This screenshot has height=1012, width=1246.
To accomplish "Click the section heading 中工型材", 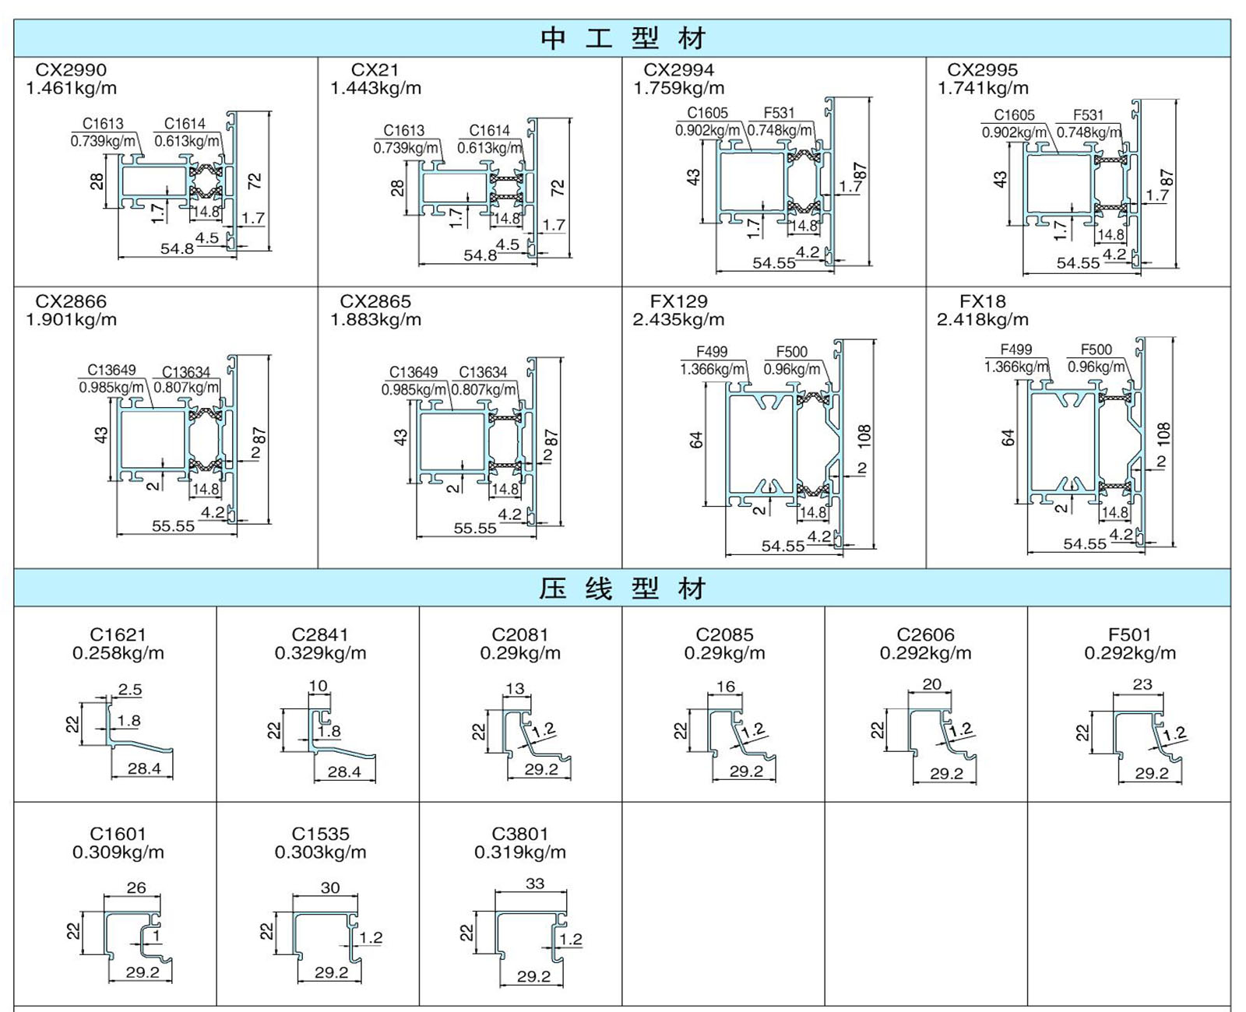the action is pyautogui.click(x=622, y=39).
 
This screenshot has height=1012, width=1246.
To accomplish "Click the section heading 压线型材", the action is pyautogui.click(x=622, y=589).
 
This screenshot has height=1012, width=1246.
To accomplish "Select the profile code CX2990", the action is pyautogui.click(x=71, y=70).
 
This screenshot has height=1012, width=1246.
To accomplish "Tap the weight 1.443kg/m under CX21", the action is pyautogui.click(x=375, y=88).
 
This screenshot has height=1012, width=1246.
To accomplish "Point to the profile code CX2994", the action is pyautogui.click(x=678, y=70).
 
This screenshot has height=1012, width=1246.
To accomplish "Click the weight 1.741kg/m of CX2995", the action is pyautogui.click(x=983, y=88).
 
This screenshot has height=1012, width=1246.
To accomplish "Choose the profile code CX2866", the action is pyautogui.click(x=71, y=302).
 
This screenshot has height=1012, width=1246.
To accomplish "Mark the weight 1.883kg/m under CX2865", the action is pyautogui.click(x=375, y=320).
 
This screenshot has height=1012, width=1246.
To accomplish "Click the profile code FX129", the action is pyautogui.click(x=678, y=302).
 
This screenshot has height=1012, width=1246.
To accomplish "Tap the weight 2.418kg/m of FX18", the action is pyautogui.click(x=983, y=320).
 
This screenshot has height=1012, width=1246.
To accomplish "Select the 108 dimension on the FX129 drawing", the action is pyautogui.click(x=864, y=437).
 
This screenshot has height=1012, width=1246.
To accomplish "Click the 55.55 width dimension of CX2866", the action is pyautogui.click(x=173, y=526).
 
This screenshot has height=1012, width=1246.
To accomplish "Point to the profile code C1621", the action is pyautogui.click(x=118, y=635).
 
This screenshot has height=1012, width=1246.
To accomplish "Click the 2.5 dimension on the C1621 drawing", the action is pyautogui.click(x=130, y=690).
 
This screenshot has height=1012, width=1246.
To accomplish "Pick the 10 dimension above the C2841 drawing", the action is pyautogui.click(x=319, y=686).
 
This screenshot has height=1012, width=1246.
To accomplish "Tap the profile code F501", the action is pyautogui.click(x=1130, y=635).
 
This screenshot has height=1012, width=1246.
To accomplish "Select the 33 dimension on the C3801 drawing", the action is pyautogui.click(x=535, y=884).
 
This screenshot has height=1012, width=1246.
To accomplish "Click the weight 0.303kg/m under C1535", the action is pyautogui.click(x=321, y=852).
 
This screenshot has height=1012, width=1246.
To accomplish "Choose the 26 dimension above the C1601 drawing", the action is pyautogui.click(x=136, y=887).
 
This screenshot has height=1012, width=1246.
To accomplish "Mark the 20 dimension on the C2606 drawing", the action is pyautogui.click(x=931, y=684).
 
